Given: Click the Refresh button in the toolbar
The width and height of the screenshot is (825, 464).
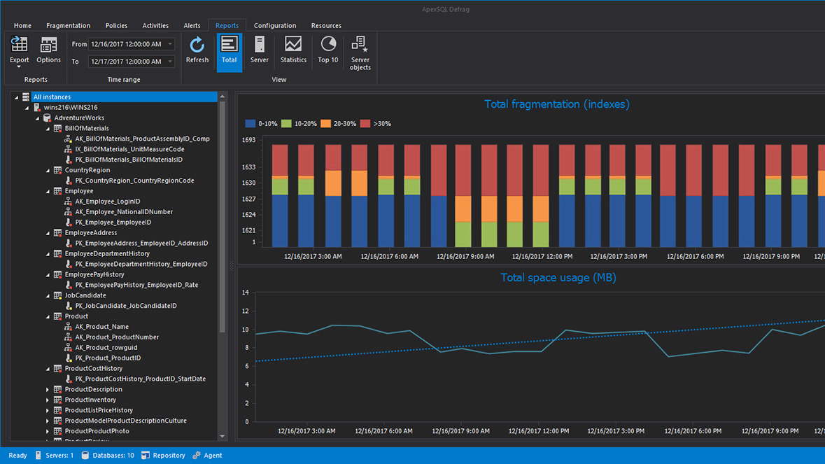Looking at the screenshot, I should point(197,50).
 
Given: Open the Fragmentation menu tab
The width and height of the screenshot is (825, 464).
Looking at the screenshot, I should point(68,26).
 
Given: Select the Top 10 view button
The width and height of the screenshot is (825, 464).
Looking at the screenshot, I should point(327,50).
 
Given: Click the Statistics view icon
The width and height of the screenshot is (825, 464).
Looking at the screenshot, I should point(293,50).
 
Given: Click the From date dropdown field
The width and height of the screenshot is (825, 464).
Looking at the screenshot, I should point(131,44).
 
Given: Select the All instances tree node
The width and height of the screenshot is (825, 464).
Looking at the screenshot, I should point(52,97).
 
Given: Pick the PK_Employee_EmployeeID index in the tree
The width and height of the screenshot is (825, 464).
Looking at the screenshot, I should point(113,223).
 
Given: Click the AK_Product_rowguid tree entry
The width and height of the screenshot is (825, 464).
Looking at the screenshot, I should point(106,348).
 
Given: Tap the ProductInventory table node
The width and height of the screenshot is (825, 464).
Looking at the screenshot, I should point(90,400).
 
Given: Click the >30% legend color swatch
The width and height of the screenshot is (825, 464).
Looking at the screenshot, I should point(365,124).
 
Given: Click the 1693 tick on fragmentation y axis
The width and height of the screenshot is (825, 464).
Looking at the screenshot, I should point(248,140).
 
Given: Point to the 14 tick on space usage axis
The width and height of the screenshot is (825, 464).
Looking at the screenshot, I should point(245,293).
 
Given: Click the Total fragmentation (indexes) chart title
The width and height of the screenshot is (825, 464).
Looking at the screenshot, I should point(556,104).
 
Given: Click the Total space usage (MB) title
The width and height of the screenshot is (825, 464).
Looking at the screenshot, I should point(558,278).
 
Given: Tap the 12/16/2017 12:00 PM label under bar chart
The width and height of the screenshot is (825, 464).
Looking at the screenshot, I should point(541,257).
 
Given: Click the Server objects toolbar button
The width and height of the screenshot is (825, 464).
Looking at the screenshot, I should point(360,52).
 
